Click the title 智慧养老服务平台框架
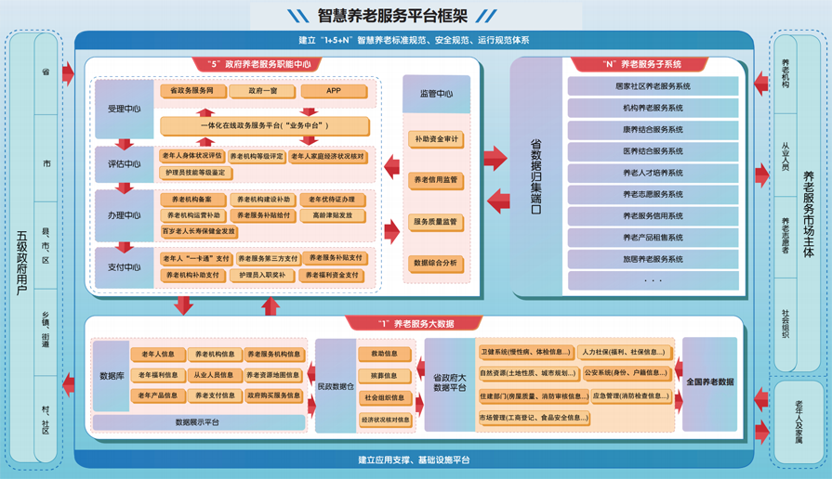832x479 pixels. click(x=390, y=16)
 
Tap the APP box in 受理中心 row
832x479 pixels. click(x=334, y=92)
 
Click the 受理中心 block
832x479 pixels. click(x=124, y=110)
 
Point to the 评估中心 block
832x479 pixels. click(x=124, y=164)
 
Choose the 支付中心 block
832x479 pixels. click(x=124, y=267)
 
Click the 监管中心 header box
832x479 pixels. click(x=436, y=94)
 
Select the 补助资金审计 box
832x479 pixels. click(x=436, y=139)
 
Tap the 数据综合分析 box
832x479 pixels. click(x=436, y=264)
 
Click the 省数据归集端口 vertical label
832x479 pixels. click(x=535, y=176)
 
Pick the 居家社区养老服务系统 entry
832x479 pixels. click(x=653, y=86)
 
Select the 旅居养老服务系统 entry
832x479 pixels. click(x=653, y=259)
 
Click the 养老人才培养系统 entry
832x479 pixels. click(x=653, y=173)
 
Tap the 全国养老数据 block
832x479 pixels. click(x=709, y=382)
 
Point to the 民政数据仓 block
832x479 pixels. click(x=336, y=384)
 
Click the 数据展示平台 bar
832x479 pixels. click(x=198, y=422)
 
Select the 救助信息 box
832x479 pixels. click(x=384, y=354)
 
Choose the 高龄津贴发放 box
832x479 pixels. click(x=332, y=216)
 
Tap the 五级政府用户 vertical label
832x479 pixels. click(x=20, y=251)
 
